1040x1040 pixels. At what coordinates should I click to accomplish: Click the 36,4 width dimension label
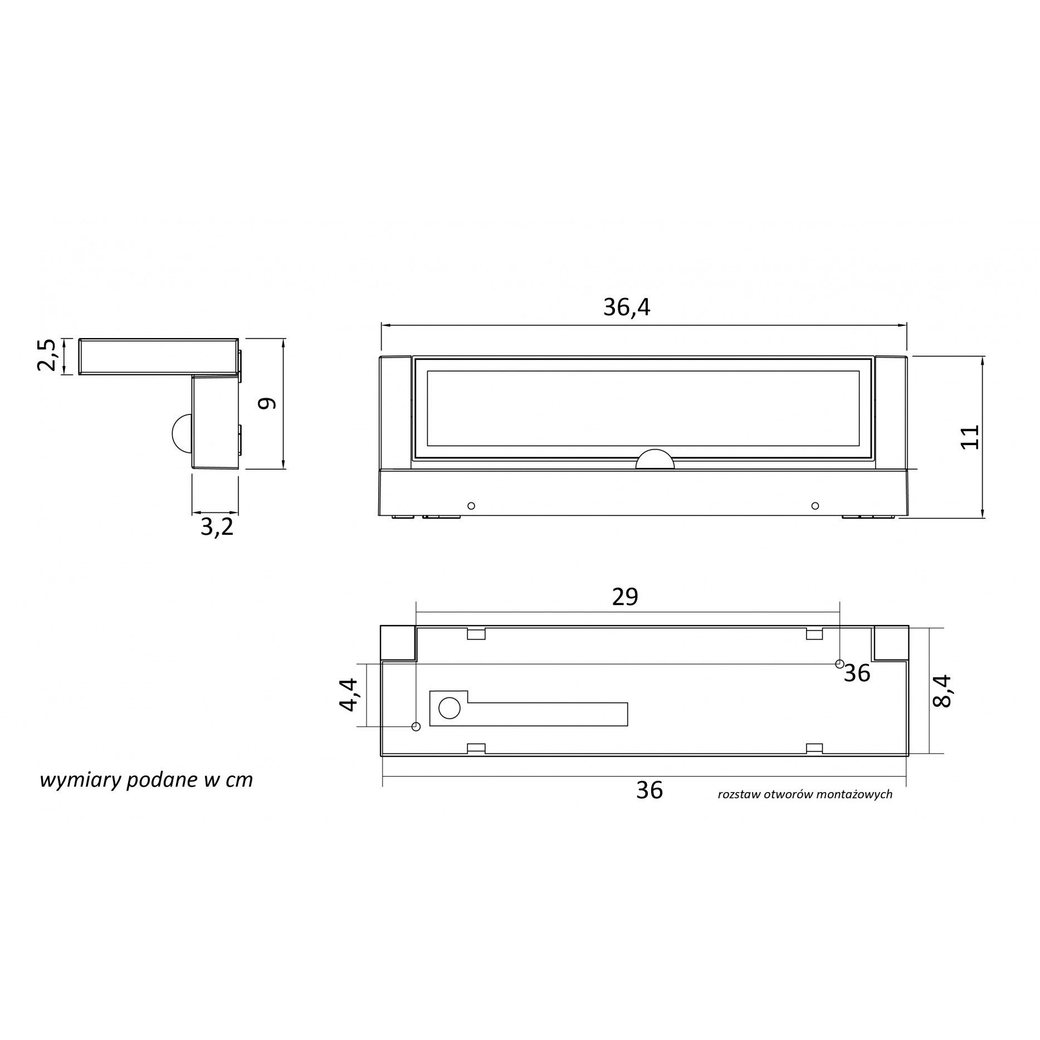point(627,307)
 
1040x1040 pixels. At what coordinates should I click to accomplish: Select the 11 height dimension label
point(970,437)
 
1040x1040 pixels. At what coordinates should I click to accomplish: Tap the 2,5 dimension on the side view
point(47,355)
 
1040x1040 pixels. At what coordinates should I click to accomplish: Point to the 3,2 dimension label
point(217,527)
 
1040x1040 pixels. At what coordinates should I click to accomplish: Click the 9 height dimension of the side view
point(268,403)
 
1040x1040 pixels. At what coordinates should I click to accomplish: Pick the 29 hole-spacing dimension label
point(625,597)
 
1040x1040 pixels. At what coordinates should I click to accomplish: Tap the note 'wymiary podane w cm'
point(146,780)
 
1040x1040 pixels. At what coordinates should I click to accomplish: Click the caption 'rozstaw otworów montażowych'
point(805,794)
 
